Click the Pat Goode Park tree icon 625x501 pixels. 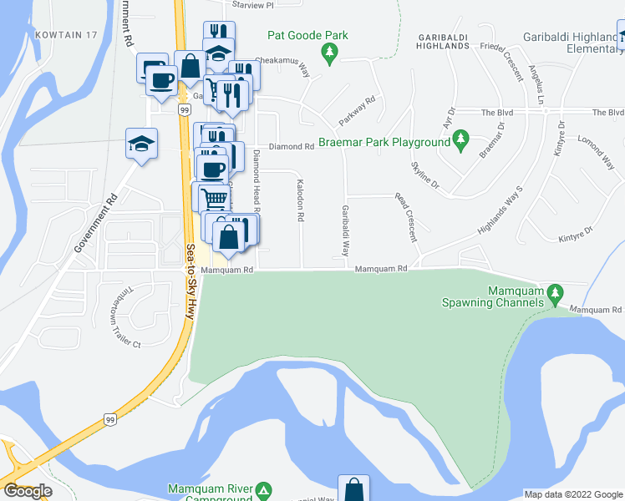point(331,53)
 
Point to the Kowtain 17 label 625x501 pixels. point(67,34)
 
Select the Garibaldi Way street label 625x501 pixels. point(344,231)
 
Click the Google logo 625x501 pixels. point(28,491)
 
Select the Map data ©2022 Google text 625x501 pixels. point(572,494)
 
